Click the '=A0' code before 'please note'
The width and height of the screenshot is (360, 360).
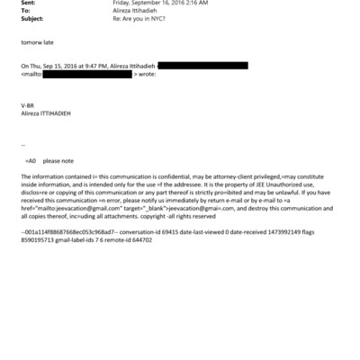click(x=31, y=158)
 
